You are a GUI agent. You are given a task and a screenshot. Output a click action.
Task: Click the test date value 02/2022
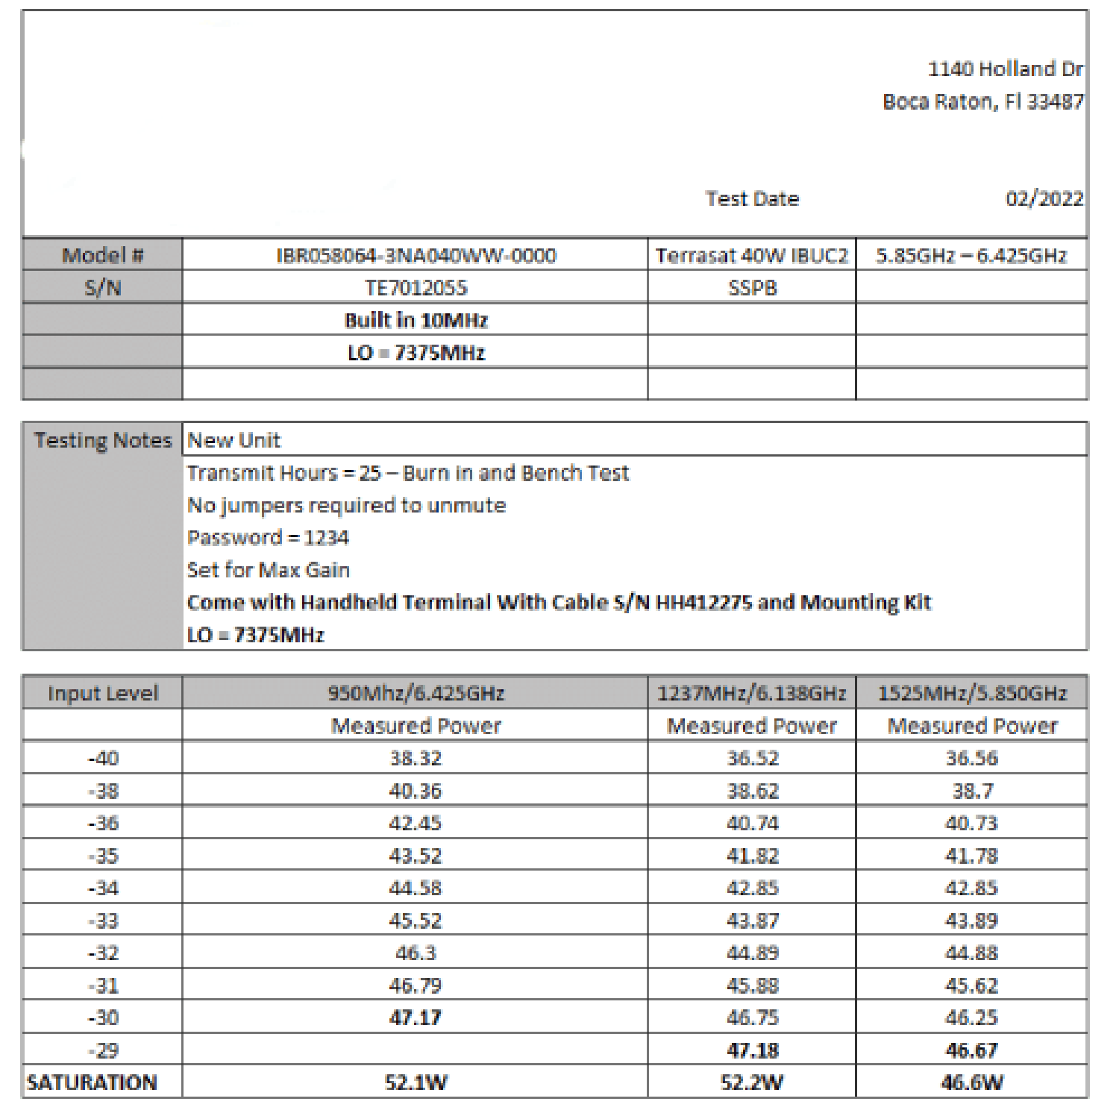point(1044,198)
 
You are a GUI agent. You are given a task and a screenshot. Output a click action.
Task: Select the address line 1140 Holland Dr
point(1004,69)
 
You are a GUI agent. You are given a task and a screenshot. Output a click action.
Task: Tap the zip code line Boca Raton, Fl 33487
point(982,101)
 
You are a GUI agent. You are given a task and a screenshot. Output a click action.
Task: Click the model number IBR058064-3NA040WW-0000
point(416,256)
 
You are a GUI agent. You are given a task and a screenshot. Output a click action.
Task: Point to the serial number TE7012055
point(416,288)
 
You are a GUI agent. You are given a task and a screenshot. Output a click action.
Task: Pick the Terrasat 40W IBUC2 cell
point(751,256)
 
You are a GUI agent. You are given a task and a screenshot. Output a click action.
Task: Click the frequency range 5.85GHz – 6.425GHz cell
point(971,256)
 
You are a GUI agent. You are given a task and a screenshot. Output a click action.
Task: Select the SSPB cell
point(752,288)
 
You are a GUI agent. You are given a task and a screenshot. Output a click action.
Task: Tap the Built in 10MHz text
point(416,321)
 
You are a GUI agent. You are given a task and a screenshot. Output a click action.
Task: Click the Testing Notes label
point(103,440)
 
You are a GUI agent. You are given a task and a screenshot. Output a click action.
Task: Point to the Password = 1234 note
point(268,538)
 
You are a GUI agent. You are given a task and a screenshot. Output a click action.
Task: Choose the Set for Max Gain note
point(268,571)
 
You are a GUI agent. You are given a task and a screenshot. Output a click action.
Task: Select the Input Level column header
point(103,694)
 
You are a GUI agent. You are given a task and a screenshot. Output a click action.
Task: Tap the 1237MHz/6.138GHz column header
point(751,694)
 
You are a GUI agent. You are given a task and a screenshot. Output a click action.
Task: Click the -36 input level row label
point(103,824)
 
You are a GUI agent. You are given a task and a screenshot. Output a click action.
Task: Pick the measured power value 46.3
point(416,953)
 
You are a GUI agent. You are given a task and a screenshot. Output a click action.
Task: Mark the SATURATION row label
point(92,1082)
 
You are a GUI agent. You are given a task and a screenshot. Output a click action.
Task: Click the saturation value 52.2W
point(751,1082)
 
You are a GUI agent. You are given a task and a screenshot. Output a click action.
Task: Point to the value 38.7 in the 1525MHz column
point(971,791)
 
